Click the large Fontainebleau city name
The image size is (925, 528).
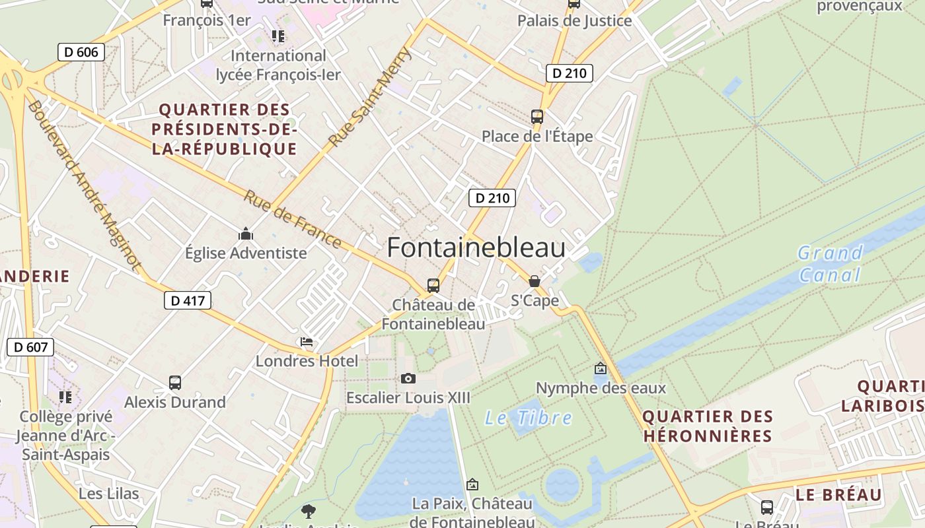pyautogui.click(x=476, y=248)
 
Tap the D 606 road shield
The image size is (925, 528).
pyautogui.click(x=81, y=52)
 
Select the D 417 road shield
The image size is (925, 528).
pyautogui.click(x=188, y=301)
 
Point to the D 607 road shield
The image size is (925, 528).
pyautogui.click(x=30, y=347)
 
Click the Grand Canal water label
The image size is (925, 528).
pyautogui.click(x=830, y=263)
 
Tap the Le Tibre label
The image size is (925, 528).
pyautogui.click(x=529, y=418)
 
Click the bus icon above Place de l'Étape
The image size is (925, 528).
pyautogui.click(x=537, y=117)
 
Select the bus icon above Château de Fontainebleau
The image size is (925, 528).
pyautogui.click(x=433, y=286)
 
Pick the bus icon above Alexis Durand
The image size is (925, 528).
pyautogui.click(x=175, y=383)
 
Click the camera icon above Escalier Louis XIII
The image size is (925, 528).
pyautogui.click(x=408, y=378)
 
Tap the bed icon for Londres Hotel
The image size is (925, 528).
pyautogui.click(x=307, y=342)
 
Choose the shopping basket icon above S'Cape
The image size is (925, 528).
pyautogui.click(x=535, y=281)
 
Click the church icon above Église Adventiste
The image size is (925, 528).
pyautogui.click(x=246, y=234)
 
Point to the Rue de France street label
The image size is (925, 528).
pyautogui.click(x=293, y=219)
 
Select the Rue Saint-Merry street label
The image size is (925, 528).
pyautogui.click(x=371, y=97)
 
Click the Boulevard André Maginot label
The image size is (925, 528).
pyautogui.click(x=84, y=185)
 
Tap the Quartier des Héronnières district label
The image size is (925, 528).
pyautogui.click(x=707, y=426)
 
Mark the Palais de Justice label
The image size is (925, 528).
pyautogui.click(x=574, y=21)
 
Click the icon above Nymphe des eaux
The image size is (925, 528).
pyautogui.click(x=601, y=368)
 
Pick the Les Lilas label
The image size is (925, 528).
pyautogui.click(x=109, y=494)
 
